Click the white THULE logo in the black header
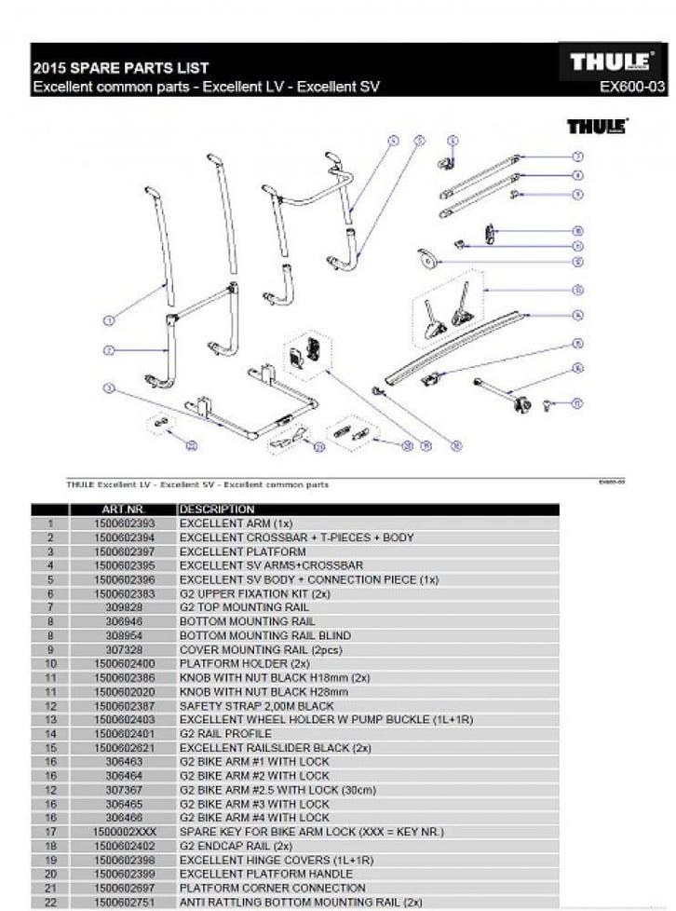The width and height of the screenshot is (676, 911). point(610,62)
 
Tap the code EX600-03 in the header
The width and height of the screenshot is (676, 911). point(632,88)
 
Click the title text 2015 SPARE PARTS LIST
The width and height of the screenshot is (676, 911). point(120,68)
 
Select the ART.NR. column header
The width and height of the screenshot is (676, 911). point(122,510)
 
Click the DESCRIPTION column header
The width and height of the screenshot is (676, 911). point(216,510)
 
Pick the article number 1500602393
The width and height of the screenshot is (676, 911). point(124,523)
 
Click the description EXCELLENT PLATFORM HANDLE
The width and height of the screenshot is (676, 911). point(265,874)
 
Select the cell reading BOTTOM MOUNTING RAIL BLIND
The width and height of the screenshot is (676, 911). point(264,635)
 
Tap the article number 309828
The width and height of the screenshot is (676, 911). point(124,607)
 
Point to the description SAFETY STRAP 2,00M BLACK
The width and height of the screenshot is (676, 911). point(256,706)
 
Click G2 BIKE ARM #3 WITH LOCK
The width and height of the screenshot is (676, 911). point(253,804)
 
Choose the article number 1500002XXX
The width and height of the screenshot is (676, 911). point(124,832)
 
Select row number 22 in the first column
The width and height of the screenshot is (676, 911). point(49,902)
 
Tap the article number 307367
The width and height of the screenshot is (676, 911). point(124,790)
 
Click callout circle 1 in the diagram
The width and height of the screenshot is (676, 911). point(108,320)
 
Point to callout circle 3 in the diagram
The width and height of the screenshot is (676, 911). point(108,388)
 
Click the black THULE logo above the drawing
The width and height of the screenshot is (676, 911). point(597,126)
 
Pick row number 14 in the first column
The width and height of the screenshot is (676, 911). point(49,734)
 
